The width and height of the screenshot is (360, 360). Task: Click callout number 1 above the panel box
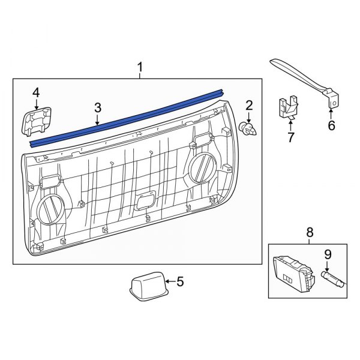click(140, 67)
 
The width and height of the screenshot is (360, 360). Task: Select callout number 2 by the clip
click(249, 106)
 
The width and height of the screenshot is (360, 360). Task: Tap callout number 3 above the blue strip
click(98, 108)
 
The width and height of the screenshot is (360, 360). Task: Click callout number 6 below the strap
click(331, 126)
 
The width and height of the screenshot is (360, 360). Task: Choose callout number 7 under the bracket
click(291, 138)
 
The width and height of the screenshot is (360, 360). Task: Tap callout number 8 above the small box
click(310, 232)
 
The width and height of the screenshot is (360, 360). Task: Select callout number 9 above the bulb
click(327, 254)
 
